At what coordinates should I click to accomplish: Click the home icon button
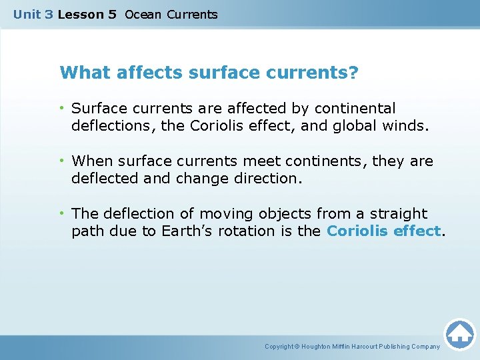459,333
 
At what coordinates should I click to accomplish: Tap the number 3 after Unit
49,15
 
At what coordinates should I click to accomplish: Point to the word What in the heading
85,72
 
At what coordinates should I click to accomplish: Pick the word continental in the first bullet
357,108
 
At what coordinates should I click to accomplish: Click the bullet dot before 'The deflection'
61,214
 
